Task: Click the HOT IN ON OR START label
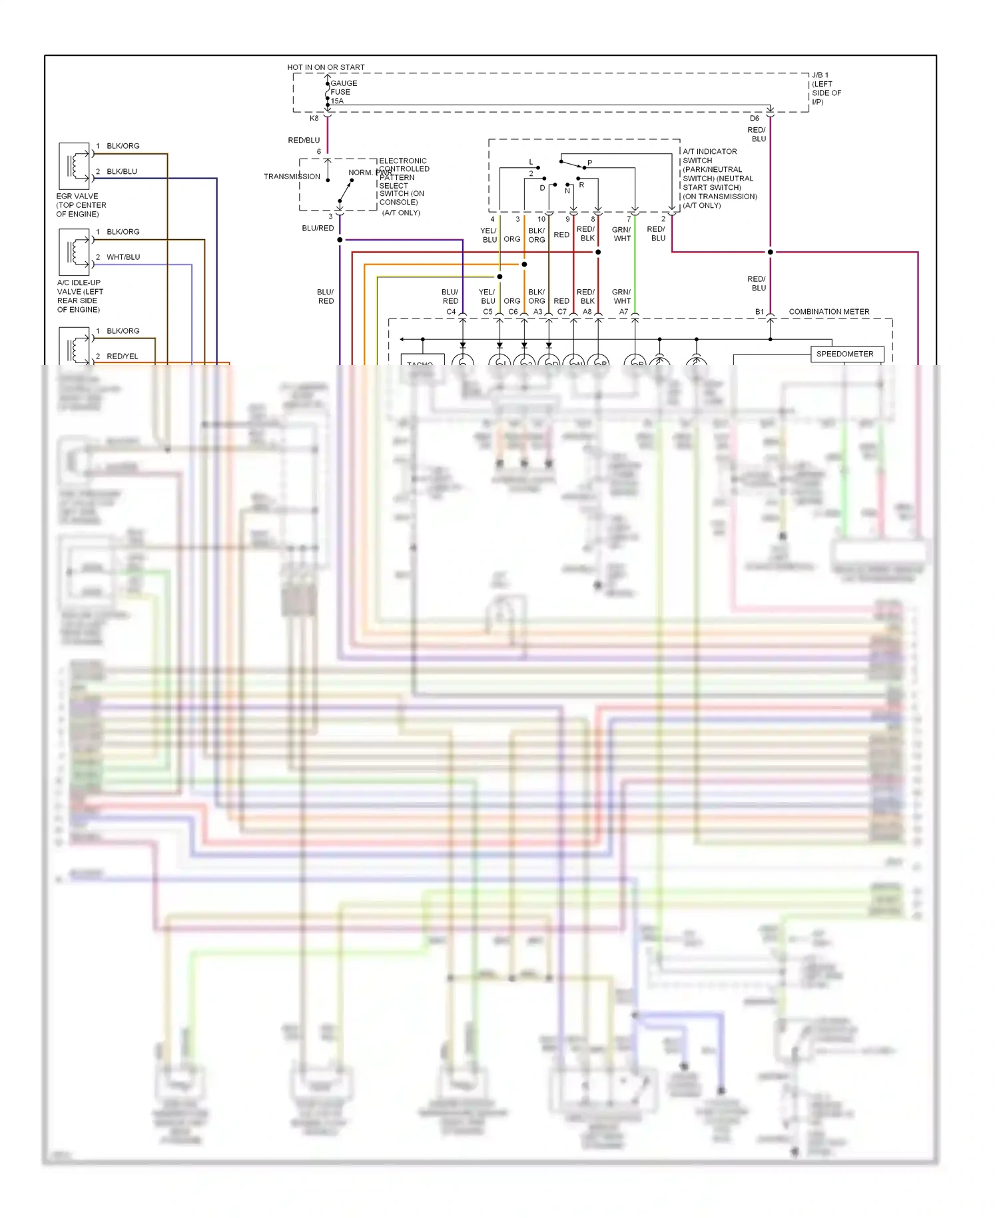pyautogui.click(x=326, y=67)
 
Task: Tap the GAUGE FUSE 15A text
pyautogui.click(x=343, y=92)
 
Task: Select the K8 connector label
pyautogui.click(x=314, y=119)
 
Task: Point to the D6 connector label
pyautogui.click(x=754, y=119)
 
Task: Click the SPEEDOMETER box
pyautogui.click(x=845, y=354)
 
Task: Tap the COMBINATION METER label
pyautogui.click(x=829, y=312)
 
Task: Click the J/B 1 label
pyautogui.click(x=820, y=75)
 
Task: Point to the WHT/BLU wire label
pyautogui.click(x=123, y=257)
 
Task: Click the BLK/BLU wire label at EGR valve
pyautogui.click(x=122, y=171)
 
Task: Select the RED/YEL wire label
pyautogui.click(x=123, y=356)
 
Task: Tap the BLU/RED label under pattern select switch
pyautogui.click(x=318, y=229)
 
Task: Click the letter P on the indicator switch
pyautogui.click(x=589, y=163)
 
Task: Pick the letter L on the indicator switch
pyautogui.click(x=531, y=162)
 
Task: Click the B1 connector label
pyautogui.click(x=759, y=312)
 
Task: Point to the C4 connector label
pyautogui.click(x=451, y=312)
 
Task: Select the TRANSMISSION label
pyautogui.click(x=292, y=177)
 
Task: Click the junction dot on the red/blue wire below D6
pyautogui.click(x=770, y=252)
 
